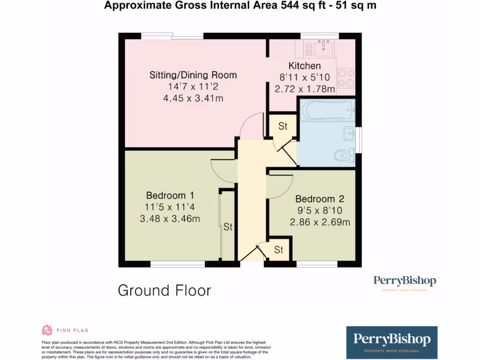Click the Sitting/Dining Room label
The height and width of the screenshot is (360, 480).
193,75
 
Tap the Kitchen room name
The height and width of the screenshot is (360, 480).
304,66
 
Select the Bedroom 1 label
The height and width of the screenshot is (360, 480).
170,195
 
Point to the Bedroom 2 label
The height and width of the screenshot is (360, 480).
315,199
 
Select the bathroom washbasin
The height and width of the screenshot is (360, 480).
349,134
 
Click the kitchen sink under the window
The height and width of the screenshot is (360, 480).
322,47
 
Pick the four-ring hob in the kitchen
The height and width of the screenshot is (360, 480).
346,78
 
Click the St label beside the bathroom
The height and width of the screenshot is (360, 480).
283,126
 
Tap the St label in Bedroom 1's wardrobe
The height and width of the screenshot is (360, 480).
228,227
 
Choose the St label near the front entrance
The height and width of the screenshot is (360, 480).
278,250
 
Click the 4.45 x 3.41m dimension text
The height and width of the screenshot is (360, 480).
193,98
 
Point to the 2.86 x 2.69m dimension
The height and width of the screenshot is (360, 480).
320,222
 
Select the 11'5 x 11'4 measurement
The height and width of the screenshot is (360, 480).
170,207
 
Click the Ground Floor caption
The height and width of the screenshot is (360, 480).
164,291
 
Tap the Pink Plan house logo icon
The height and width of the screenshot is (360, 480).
47,330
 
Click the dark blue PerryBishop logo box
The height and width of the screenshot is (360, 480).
391,342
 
